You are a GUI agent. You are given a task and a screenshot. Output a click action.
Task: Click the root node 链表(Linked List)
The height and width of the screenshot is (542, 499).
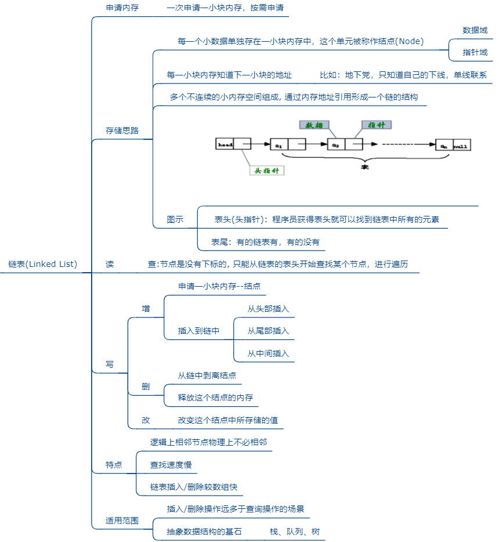[43, 264]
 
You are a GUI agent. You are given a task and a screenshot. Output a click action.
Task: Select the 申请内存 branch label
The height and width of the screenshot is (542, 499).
[122, 9]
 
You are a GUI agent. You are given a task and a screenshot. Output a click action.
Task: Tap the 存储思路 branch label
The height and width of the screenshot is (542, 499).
[122, 131]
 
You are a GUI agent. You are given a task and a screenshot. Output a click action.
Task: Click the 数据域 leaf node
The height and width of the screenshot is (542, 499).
[475, 30]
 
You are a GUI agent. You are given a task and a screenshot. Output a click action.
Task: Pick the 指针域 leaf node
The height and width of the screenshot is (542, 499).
[475, 52]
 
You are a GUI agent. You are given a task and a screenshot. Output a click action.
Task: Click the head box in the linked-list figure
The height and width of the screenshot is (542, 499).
[225, 144]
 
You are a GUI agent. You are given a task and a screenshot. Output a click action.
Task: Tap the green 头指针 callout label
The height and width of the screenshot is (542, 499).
[266, 171]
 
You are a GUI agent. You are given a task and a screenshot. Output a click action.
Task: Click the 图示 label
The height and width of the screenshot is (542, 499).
[175, 219]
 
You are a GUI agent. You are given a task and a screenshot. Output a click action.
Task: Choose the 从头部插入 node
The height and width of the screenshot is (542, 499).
[268, 309]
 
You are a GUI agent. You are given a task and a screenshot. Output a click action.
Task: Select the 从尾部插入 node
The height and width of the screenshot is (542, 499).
[268, 331]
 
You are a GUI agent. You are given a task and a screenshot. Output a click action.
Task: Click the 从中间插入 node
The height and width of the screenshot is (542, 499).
[268, 353]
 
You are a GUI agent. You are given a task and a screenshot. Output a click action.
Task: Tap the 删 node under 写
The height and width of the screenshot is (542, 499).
[146, 386]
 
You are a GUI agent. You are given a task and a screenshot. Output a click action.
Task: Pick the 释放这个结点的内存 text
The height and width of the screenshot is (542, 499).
[215, 398]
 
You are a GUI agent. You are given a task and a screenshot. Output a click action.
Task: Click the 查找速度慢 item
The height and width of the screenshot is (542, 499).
[171, 465]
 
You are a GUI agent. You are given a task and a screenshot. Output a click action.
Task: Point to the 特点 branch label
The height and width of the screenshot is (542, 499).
[114, 465]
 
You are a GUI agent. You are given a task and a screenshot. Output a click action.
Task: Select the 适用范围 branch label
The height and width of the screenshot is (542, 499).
[122, 521]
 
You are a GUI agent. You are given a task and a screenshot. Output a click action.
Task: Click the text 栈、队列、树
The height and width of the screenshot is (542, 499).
[294, 532]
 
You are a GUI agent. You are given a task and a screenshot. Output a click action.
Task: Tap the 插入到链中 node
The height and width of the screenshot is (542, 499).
[198, 331]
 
